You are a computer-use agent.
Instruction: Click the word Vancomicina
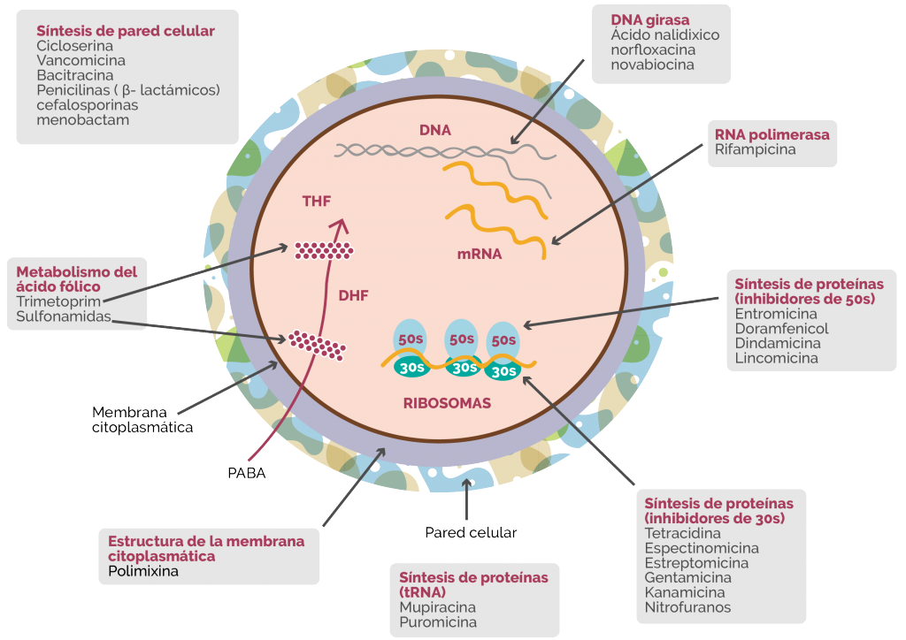click(81, 61)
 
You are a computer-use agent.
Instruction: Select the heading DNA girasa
click(650, 20)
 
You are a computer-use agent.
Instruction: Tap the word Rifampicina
click(756, 149)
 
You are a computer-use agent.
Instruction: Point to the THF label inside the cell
click(317, 202)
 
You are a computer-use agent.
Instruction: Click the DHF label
click(354, 296)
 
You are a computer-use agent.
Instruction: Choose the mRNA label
click(480, 254)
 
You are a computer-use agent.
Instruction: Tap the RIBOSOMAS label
click(447, 403)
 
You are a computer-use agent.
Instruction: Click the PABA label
click(247, 473)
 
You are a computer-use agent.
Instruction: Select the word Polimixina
click(143, 571)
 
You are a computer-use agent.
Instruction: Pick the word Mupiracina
click(437, 607)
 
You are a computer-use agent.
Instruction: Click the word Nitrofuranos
click(687, 607)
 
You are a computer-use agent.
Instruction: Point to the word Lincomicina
click(777, 358)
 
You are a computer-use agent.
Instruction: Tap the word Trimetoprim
click(58, 301)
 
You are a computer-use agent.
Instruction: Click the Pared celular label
click(471, 533)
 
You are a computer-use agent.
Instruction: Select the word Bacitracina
click(75, 76)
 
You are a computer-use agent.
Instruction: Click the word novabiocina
click(652, 65)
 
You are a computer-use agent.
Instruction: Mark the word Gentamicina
click(688, 577)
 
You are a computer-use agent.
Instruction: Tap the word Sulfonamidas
click(64, 316)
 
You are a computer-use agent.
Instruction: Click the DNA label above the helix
click(435, 131)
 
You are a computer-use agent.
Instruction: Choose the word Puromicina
click(438, 622)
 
